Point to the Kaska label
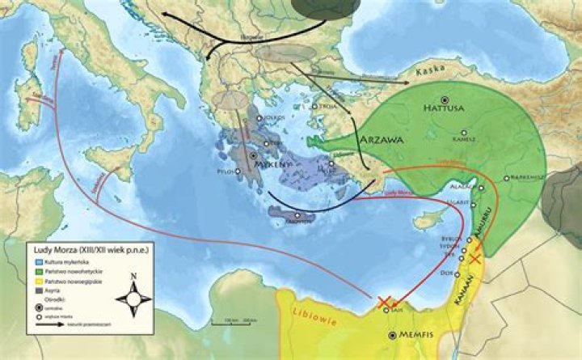click(430, 73)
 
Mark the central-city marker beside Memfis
click(393, 334)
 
